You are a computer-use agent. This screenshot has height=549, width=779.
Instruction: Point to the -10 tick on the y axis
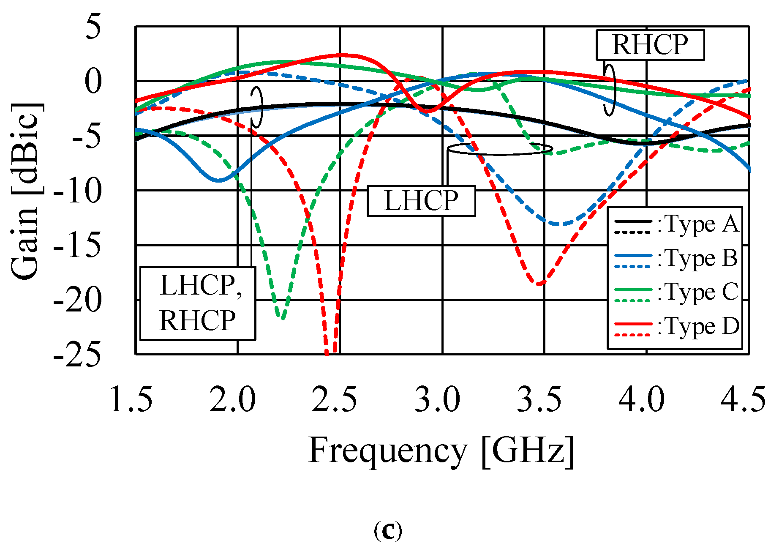coord(78,191)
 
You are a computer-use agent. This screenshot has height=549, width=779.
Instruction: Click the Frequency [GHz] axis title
coord(442,451)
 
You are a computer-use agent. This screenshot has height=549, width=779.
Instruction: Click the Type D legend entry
coord(676,327)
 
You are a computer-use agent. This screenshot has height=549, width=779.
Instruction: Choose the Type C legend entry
coord(676,292)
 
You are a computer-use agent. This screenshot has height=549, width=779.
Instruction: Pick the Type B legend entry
coord(676,258)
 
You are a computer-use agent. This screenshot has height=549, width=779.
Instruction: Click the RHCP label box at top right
coord(650,45)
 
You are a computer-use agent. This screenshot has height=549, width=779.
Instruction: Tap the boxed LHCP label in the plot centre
coord(421,201)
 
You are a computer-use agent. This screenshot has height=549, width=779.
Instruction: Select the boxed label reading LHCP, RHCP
coord(198,303)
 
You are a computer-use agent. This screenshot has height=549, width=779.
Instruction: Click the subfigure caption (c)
coord(388,530)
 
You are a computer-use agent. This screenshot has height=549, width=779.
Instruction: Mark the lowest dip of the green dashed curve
coord(282,318)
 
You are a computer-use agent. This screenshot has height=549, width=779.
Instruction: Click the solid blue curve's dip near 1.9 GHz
coord(218,180)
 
